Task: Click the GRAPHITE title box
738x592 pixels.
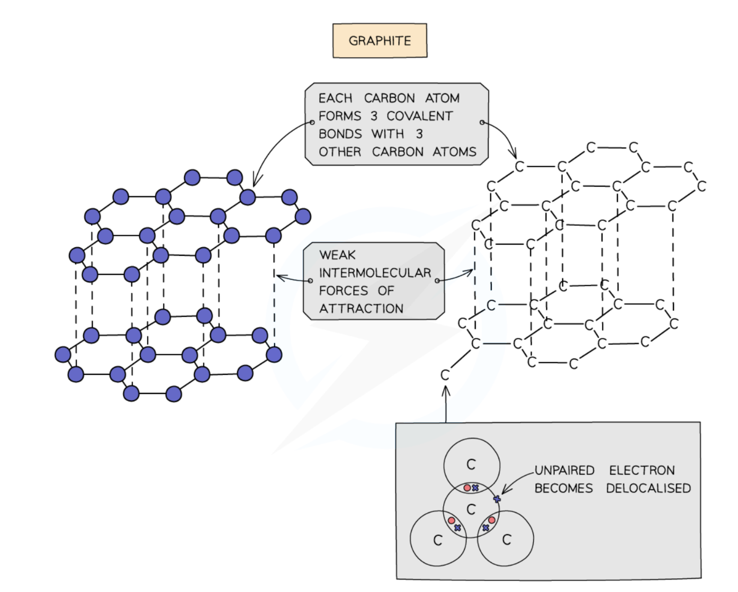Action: tap(380, 40)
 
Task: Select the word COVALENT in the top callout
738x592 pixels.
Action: tap(420, 116)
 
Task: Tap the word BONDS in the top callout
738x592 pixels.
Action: tap(340, 134)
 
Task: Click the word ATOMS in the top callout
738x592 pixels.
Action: tap(454, 152)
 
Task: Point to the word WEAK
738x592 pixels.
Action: tap(337, 255)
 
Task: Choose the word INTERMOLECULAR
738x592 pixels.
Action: tap(375, 273)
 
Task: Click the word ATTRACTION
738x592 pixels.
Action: tap(361, 309)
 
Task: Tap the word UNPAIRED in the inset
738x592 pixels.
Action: tap(564, 470)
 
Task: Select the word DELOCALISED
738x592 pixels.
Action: tap(648, 488)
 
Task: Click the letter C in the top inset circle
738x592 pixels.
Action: tap(471, 464)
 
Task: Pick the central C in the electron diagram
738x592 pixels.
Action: tap(471, 509)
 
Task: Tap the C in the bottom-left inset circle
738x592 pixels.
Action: tap(437, 541)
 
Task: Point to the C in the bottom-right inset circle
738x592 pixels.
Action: tap(506, 540)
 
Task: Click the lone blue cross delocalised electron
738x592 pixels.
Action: tap(497, 499)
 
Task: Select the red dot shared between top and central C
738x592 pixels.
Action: tap(467, 488)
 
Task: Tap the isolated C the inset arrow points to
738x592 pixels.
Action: tap(445, 375)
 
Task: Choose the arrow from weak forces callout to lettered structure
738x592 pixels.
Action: tap(455, 276)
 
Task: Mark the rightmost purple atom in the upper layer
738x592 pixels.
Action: tap(303, 216)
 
